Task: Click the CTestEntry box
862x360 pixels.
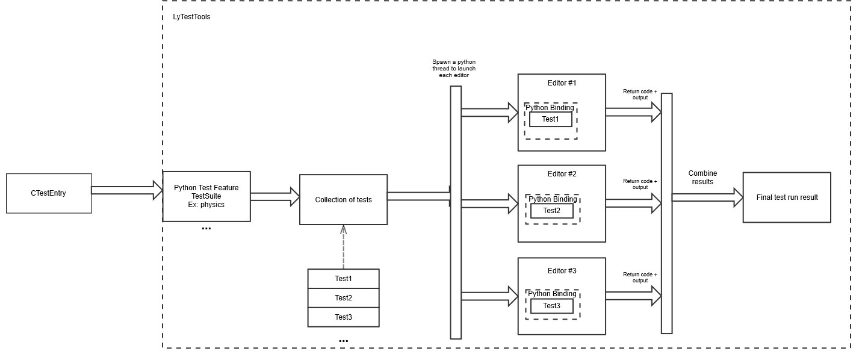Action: tap(49, 193)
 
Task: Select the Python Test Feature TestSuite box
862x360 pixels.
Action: tap(206, 196)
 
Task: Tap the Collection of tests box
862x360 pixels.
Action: tap(343, 200)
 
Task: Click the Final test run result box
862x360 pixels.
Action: tap(787, 197)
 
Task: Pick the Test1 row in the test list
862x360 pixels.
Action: tap(343, 279)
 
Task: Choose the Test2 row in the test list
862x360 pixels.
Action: tap(343, 298)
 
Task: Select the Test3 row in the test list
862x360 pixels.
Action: tap(343, 317)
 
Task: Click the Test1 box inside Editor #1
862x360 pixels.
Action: tap(550, 119)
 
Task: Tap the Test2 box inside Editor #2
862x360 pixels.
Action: tap(551, 211)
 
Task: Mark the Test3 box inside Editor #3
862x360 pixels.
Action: tap(551, 306)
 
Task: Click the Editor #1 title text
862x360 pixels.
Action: tap(562, 82)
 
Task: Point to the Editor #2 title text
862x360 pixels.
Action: tap(562, 174)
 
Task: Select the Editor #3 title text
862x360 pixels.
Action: tap(562, 271)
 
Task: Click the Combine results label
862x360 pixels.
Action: tap(702, 178)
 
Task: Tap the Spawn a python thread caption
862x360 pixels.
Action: tap(454, 69)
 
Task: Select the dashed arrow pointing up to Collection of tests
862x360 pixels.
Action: tap(343, 247)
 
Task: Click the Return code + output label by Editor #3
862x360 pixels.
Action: tap(640, 278)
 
